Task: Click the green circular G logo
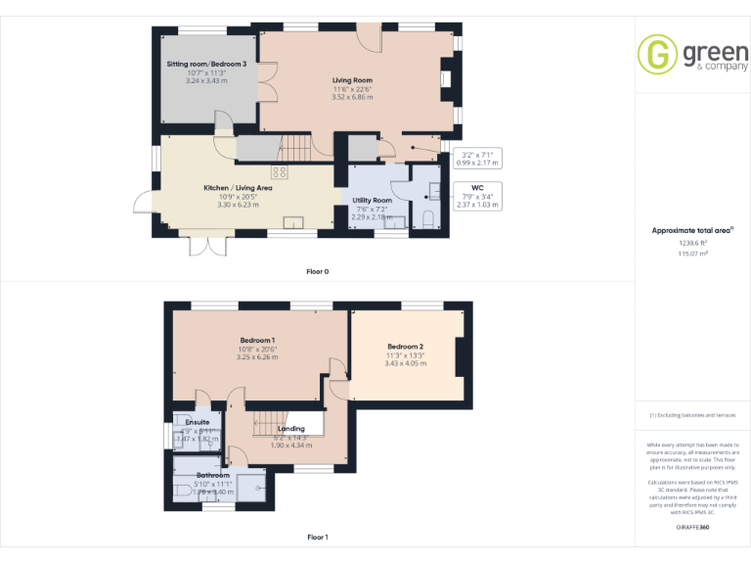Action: tap(657, 55)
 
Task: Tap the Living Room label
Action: tap(352, 80)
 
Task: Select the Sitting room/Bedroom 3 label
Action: tap(205, 64)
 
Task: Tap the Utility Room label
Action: tap(372, 200)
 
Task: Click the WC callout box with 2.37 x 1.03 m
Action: tap(477, 195)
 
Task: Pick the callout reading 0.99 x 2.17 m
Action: tap(479, 158)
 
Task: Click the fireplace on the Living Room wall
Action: tap(447, 79)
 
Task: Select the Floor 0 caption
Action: tap(317, 271)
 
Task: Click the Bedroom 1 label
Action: tap(257, 340)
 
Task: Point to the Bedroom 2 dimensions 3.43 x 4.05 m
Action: tap(405, 363)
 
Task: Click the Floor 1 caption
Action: tap(317, 538)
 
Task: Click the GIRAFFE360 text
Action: tap(692, 528)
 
